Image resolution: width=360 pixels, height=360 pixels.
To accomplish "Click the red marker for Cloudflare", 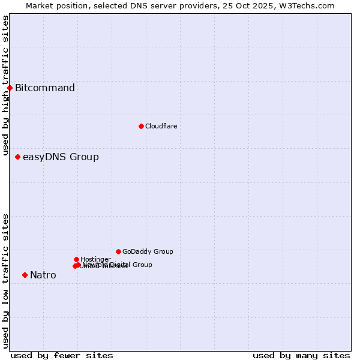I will point(141,126).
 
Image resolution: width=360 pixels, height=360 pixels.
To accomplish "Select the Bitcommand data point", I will point(10,88).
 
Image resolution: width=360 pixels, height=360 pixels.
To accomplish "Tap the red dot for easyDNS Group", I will point(17,157).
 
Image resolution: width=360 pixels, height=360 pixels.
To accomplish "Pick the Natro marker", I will point(25,275).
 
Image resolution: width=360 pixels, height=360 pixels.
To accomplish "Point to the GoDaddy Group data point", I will point(118,251).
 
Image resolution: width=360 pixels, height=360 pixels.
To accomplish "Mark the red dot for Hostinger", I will point(76,259).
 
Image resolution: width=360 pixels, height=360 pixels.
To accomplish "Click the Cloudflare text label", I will point(161,126).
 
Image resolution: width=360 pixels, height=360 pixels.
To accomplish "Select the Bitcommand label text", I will point(45,88).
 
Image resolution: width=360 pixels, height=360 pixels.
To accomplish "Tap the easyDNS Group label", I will point(61,157).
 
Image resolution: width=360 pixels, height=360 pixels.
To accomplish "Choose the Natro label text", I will point(43,275).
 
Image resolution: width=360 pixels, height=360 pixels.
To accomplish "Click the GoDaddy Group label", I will point(148,252).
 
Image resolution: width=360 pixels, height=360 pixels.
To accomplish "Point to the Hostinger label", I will point(95,259).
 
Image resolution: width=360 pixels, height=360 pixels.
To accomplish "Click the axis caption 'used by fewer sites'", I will point(62,355).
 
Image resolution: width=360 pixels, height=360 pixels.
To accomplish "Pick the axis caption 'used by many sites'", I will point(301,355).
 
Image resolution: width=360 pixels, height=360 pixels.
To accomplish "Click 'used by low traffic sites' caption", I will point(6,281).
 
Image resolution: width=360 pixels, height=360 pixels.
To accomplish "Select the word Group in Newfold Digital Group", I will point(142,265).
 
